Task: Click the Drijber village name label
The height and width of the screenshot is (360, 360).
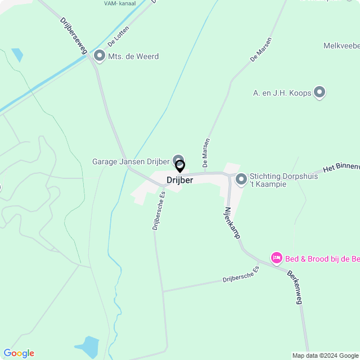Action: (x=179, y=180)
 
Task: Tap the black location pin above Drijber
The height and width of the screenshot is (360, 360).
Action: (x=180, y=166)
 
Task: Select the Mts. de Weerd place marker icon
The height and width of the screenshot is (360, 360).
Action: (x=100, y=56)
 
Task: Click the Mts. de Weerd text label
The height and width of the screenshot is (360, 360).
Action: (x=134, y=56)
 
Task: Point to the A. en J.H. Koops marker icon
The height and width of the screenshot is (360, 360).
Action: (x=319, y=92)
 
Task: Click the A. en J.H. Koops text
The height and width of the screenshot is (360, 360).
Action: (x=282, y=93)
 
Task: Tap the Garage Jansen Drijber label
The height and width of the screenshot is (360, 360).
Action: (x=130, y=161)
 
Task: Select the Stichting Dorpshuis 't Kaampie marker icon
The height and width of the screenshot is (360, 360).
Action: (x=241, y=179)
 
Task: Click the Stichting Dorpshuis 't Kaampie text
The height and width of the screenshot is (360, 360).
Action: (x=283, y=180)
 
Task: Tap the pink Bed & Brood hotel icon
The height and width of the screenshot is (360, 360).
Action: (x=276, y=258)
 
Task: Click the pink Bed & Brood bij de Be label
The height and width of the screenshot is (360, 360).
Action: (x=322, y=259)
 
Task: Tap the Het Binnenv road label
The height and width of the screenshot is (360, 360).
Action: (x=341, y=168)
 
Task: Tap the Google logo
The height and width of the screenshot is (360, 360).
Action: (x=19, y=353)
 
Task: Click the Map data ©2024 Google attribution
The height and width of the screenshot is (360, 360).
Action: (x=325, y=355)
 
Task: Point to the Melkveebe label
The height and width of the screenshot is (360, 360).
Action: (x=341, y=46)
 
